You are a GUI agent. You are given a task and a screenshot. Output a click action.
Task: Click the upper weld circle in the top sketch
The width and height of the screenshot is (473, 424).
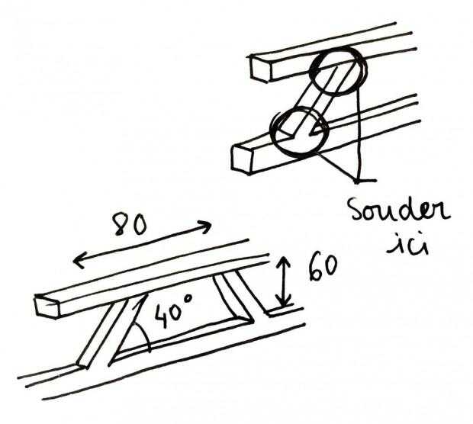334,72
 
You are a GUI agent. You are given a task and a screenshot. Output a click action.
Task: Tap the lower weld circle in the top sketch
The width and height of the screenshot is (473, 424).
298,133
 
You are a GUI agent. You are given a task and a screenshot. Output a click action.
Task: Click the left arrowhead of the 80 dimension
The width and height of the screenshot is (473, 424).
77,262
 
